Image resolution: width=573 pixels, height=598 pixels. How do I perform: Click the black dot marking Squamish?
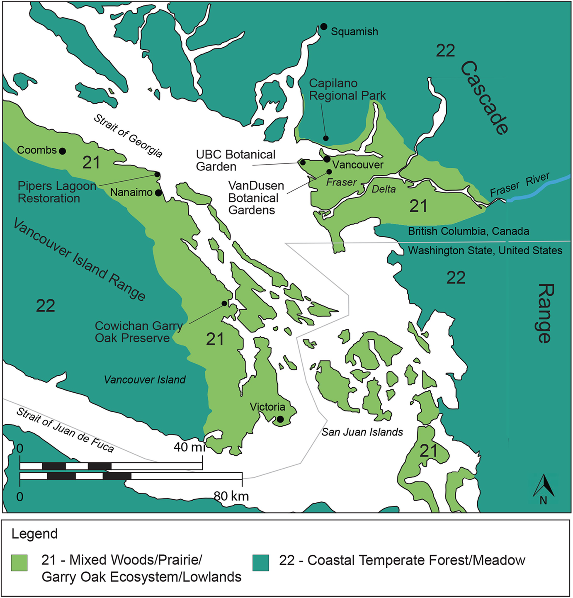pos(324,27)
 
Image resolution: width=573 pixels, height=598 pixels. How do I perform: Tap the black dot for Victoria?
pos(280,420)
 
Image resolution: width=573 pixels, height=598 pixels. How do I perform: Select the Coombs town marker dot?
pos(62,151)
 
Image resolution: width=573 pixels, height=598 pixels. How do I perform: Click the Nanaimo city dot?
pos(158,193)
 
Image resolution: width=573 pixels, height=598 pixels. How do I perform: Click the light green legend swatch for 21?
pos(19,563)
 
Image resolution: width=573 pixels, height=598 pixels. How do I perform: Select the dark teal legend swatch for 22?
pos(261,563)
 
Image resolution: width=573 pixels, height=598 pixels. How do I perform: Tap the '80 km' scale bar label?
pos(231,496)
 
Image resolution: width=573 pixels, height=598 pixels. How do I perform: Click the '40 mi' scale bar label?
pos(189,447)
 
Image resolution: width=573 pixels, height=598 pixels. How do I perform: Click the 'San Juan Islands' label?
pos(362,432)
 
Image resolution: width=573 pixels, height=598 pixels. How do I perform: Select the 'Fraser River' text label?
pos(520,185)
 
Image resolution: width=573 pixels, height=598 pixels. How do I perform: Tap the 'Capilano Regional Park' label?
pos(347,90)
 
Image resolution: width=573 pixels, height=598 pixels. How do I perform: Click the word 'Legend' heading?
pos(34,534)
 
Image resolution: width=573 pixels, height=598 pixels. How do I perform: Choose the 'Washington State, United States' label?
pos(485,250)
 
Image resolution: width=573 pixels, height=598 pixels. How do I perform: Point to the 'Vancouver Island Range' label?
pos(79,260)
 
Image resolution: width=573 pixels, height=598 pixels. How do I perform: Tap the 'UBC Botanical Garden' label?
pos(236,160)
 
